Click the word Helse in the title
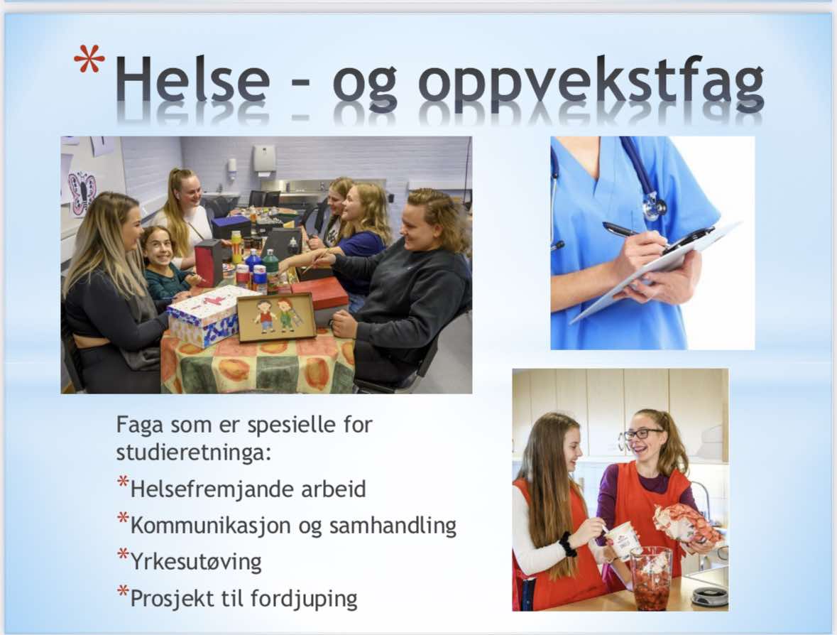click(193, 78)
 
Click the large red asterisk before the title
click(89, 59)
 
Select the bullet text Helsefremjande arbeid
click(248, 489)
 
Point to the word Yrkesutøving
click(196, 563)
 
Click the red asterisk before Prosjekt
click(123, 591)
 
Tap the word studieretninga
click(194, 453)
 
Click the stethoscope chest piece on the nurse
click(655, 205)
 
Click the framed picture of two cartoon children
click(276, 317)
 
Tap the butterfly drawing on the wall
click(82, 192)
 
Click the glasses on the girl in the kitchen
click(642, 433)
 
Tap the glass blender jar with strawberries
click(650, 579)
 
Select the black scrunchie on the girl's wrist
click(568, 544)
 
